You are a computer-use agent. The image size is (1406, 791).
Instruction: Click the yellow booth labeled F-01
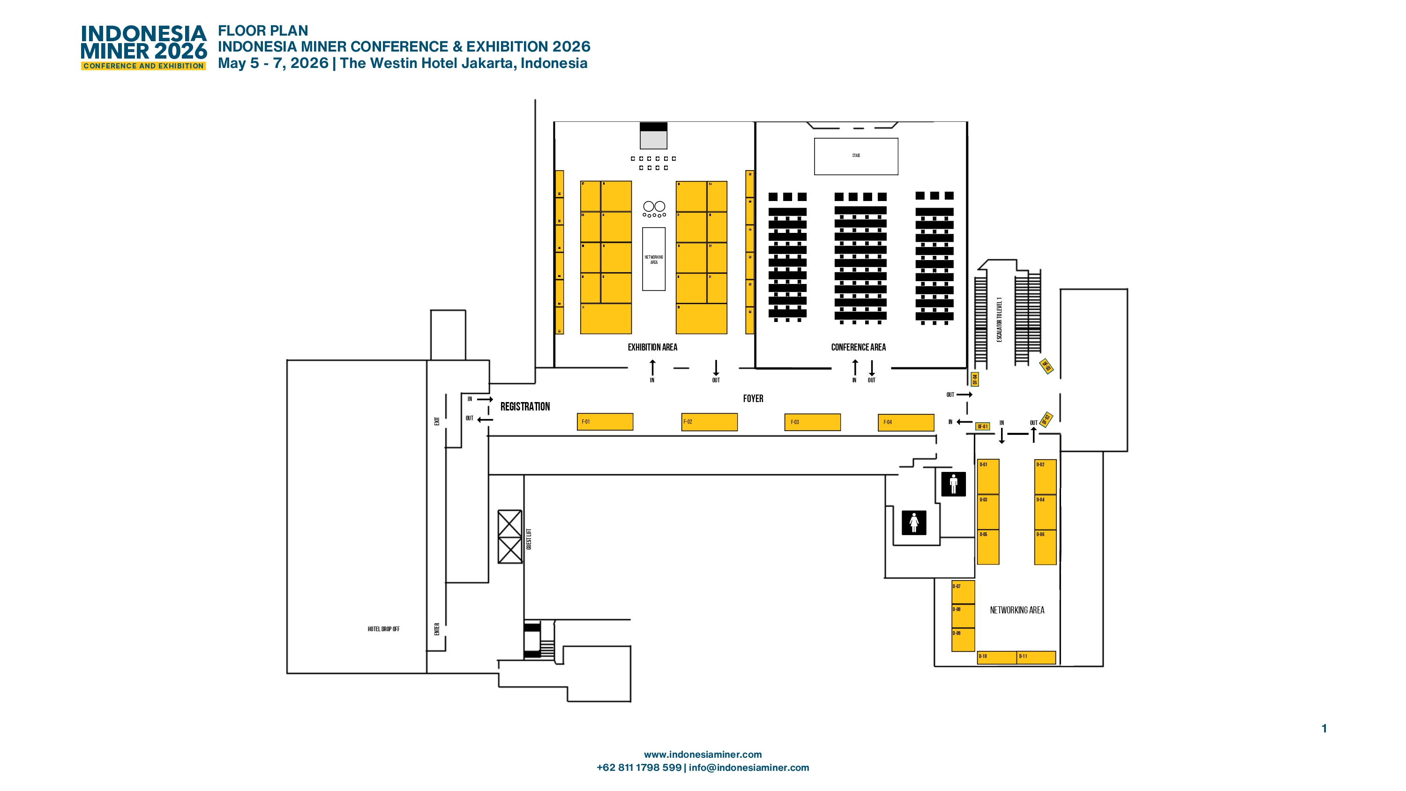(605, 422)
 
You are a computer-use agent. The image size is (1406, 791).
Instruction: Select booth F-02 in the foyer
(709, 422)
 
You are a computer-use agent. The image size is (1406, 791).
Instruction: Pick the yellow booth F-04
(905, 423)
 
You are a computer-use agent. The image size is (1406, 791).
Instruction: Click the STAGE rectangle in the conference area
(856, 156)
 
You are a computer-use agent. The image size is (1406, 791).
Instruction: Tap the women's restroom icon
(914, 522)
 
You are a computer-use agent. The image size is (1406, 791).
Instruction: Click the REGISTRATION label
(525, 407)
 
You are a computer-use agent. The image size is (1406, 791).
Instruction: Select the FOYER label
(753, 398)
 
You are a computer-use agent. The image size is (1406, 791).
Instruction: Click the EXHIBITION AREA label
(652, 347)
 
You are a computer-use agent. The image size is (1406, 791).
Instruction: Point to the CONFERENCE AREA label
(858, 347)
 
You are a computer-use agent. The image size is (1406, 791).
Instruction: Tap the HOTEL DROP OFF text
(383, 629)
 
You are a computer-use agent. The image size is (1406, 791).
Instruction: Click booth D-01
(988, 477)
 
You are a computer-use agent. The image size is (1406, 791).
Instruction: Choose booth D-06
(1045, 547)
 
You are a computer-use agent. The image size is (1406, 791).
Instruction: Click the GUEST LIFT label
(528, 539)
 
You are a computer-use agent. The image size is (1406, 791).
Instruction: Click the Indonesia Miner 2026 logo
(143, 47)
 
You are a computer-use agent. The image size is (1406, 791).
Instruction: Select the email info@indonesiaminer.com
(749, 768)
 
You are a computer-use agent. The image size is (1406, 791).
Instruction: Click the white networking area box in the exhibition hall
(653, 259)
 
